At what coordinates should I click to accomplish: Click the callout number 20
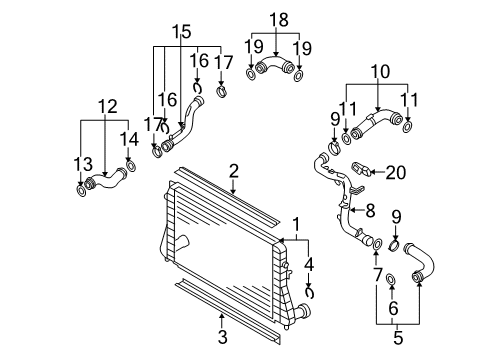(396, 173)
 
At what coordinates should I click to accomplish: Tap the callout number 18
(279, 20)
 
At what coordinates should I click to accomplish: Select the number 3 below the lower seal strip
(222, 337)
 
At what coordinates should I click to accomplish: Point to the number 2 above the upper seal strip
(234, 171)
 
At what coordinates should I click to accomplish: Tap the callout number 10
(380, 72)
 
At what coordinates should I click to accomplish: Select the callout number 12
(108, 107)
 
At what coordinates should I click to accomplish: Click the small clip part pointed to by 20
(361, 168)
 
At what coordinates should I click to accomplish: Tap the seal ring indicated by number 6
(390, 279)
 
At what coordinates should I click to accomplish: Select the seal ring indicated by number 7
(377, 244)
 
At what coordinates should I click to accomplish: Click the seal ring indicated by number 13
(81, 191)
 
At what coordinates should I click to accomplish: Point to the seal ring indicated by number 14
(131, 165)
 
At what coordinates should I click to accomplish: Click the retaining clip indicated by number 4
(310, 293)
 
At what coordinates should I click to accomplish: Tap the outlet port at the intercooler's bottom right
(303, 311)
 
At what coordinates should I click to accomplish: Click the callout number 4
(309, 265)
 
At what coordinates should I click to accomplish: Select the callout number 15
(182, 32)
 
